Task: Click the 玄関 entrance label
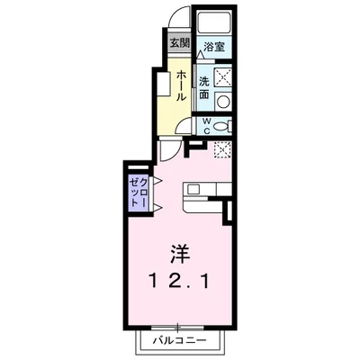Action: [x=180, y=43]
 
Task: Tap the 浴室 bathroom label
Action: [x=214, y=47]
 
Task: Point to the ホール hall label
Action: [x=181, y=85]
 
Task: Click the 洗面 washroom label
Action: [x=204, y=87]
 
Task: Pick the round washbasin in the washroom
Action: [x=223, y=102]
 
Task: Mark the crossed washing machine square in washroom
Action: [x=223, y=77]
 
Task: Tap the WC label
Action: [x=207, y=126]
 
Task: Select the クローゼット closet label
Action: [x=139, y=192]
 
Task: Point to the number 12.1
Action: [x=180, y=282]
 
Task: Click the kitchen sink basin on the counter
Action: [x=193, y=189]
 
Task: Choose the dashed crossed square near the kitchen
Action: [x=222, y=149]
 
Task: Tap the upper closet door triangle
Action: [x=157, y=181]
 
